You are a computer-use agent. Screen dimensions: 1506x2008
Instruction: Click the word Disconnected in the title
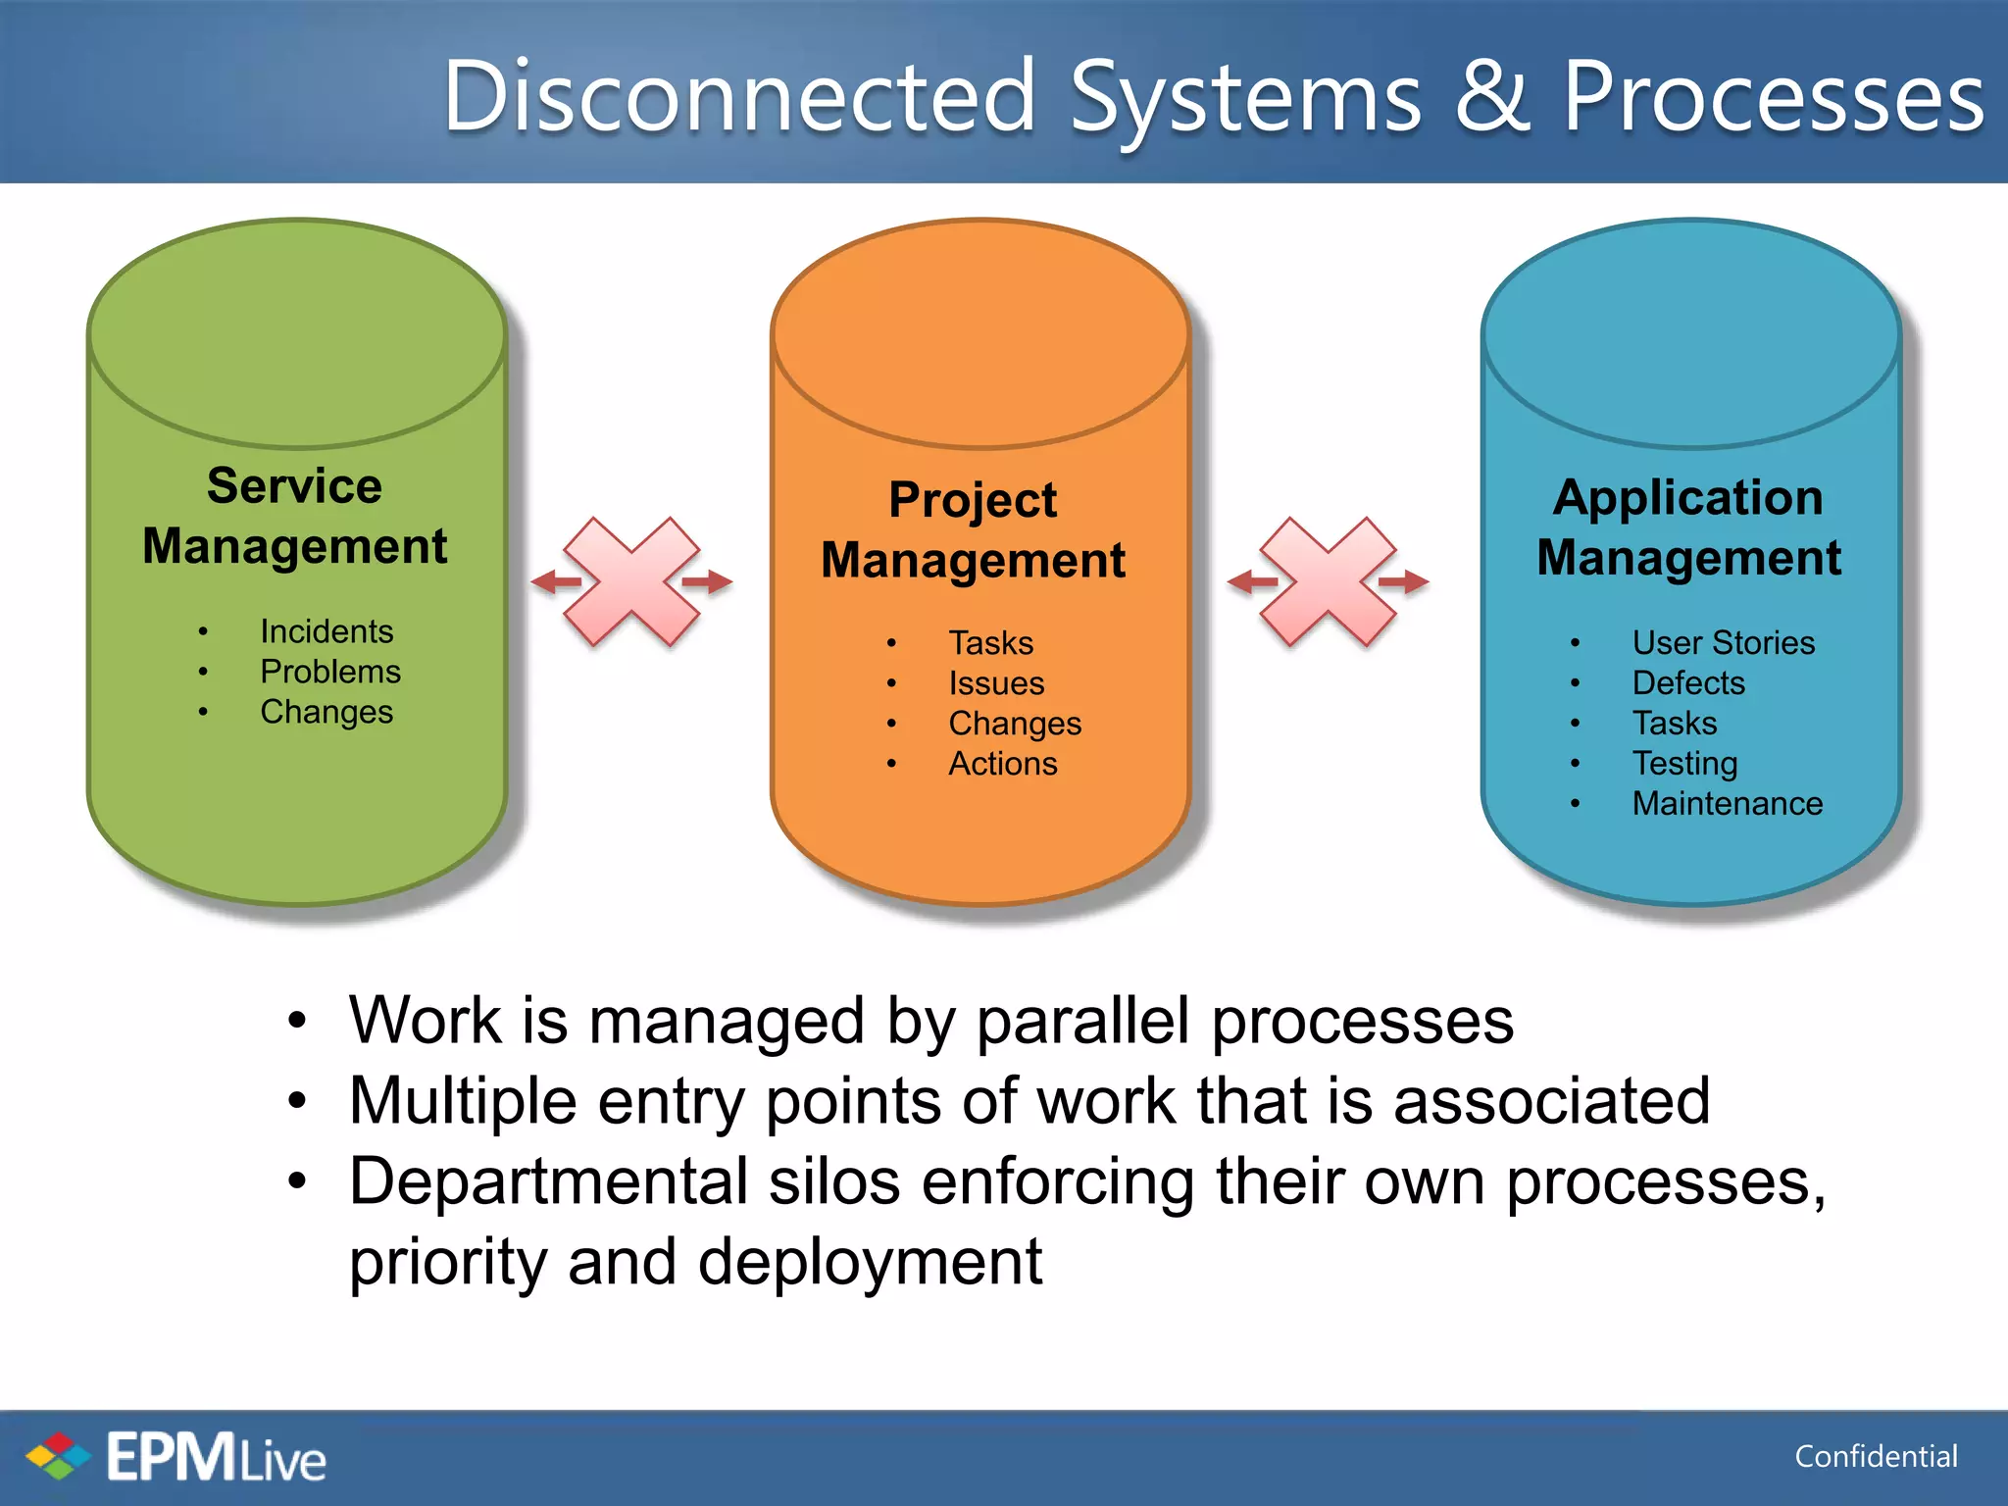pyautogui.click(x=739, y=96)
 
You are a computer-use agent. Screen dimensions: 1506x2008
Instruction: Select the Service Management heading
pyautogui.click(x=294, y=516)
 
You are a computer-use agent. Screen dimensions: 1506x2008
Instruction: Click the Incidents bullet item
pyautogui.click(x=326, y=631)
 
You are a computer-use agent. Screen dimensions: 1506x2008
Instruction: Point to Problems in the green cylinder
pyautogui.click(x=330, y=672)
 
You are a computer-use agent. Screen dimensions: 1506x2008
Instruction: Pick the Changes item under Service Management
pyautogui.click(x=326, y=712)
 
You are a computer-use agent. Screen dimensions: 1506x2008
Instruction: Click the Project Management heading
pyautogui.click(x=973, y=529)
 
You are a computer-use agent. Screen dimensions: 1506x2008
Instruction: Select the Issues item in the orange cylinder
pyautogui.click(x=996, y=683)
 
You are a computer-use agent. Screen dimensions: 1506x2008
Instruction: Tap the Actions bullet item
pyautogui.click(x=1003, y=764)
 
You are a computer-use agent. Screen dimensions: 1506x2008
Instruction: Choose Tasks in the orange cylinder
pyautogui.click(x=990, y=643)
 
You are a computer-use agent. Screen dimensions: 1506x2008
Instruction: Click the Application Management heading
pyautogui.click(x=1688, y=527)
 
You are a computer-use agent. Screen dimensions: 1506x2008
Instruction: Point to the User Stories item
pyautogui.click(x=1723, y=643)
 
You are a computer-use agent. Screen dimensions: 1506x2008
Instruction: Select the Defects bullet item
pyautogui.click(x=1688, y=683)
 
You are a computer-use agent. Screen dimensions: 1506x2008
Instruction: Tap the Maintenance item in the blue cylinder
pyautogui.click(x=1727, y=804)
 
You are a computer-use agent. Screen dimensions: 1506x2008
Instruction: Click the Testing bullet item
pyautogui.click(x=1684, y=764)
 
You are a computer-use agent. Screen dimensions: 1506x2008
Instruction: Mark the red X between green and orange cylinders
pyautogui.click(x=631, y=581)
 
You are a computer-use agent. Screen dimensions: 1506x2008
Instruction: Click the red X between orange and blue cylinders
pyautogui.click(x=1328, y=581)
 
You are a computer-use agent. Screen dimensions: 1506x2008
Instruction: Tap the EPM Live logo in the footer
pyautogui.click(x=176, y=1457)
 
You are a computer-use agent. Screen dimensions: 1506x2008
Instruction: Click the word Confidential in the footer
pyautogui.click(x=1876, y=1457)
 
